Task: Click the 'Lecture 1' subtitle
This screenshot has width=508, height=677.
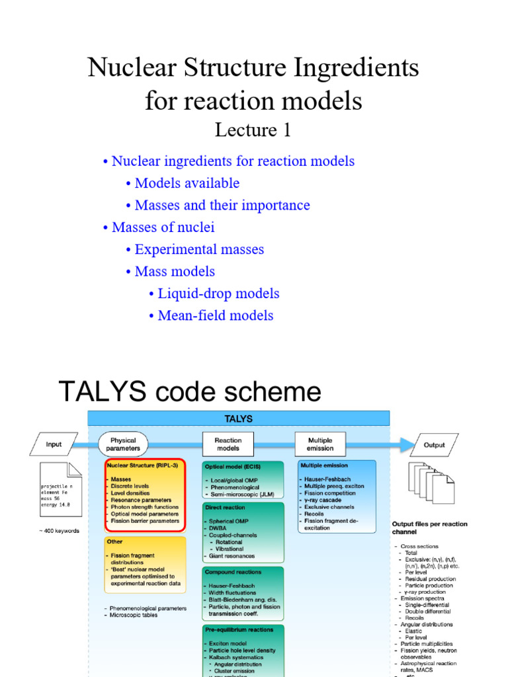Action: point(253,130)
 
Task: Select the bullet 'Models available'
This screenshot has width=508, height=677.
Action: point(187,183)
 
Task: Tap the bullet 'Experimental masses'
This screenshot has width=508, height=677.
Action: point(199,249)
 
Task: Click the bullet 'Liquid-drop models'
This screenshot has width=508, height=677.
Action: point(218,293)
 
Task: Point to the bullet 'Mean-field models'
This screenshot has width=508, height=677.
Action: point(216,315)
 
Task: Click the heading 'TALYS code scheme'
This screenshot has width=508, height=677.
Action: point(190,391)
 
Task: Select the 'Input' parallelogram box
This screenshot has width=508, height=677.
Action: point(54,445)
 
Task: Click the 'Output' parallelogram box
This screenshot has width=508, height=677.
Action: point(434,445)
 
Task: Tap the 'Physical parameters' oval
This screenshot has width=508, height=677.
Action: point(123,445)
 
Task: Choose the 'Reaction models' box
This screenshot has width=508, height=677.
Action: point(228,445)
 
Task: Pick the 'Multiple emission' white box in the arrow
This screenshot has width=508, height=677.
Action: point(320,445)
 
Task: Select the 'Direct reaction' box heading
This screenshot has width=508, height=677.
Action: point(225,508)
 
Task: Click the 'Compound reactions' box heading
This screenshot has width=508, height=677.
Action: point(233,572)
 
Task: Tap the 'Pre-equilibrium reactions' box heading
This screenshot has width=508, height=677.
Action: point(239,630)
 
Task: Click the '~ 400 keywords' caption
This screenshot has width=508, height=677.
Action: point(59,531)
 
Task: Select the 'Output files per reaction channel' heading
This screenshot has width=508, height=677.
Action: point(429,528)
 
